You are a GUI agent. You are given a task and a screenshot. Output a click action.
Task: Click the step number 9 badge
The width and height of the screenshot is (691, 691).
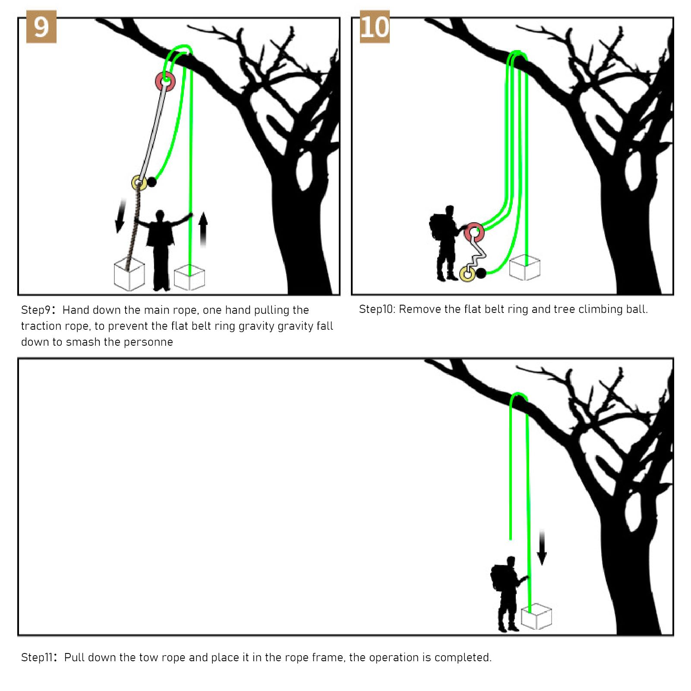click(x=41, y=27)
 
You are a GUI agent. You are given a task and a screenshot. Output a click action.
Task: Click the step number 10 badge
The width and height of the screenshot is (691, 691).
click(x=375, y=27)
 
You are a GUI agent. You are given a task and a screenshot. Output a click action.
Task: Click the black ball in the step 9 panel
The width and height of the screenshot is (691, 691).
click(x=151, y=182)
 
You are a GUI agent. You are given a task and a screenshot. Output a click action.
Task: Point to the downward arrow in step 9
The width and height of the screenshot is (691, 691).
click(x=120, y=216)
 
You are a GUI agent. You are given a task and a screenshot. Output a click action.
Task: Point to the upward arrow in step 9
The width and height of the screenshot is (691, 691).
click(x=203, y=230)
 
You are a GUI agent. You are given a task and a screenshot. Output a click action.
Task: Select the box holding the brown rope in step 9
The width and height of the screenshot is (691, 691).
click(x=129, y=274)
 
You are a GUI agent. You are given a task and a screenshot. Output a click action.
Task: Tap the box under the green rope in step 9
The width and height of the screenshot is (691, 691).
click(x=189, y=277)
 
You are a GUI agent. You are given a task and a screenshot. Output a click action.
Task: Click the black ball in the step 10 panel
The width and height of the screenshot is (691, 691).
click(x=480, y=273)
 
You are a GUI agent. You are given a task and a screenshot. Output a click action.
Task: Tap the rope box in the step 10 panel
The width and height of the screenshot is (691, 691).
click(x=525, y=268)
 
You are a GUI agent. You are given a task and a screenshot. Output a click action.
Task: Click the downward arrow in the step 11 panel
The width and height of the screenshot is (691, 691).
click(x=542, y=547)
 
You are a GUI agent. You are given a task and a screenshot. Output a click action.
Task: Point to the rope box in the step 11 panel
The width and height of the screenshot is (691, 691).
click(x=536, y=616)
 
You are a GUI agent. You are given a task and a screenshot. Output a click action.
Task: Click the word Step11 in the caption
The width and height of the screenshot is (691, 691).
click(x=37, y=658)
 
